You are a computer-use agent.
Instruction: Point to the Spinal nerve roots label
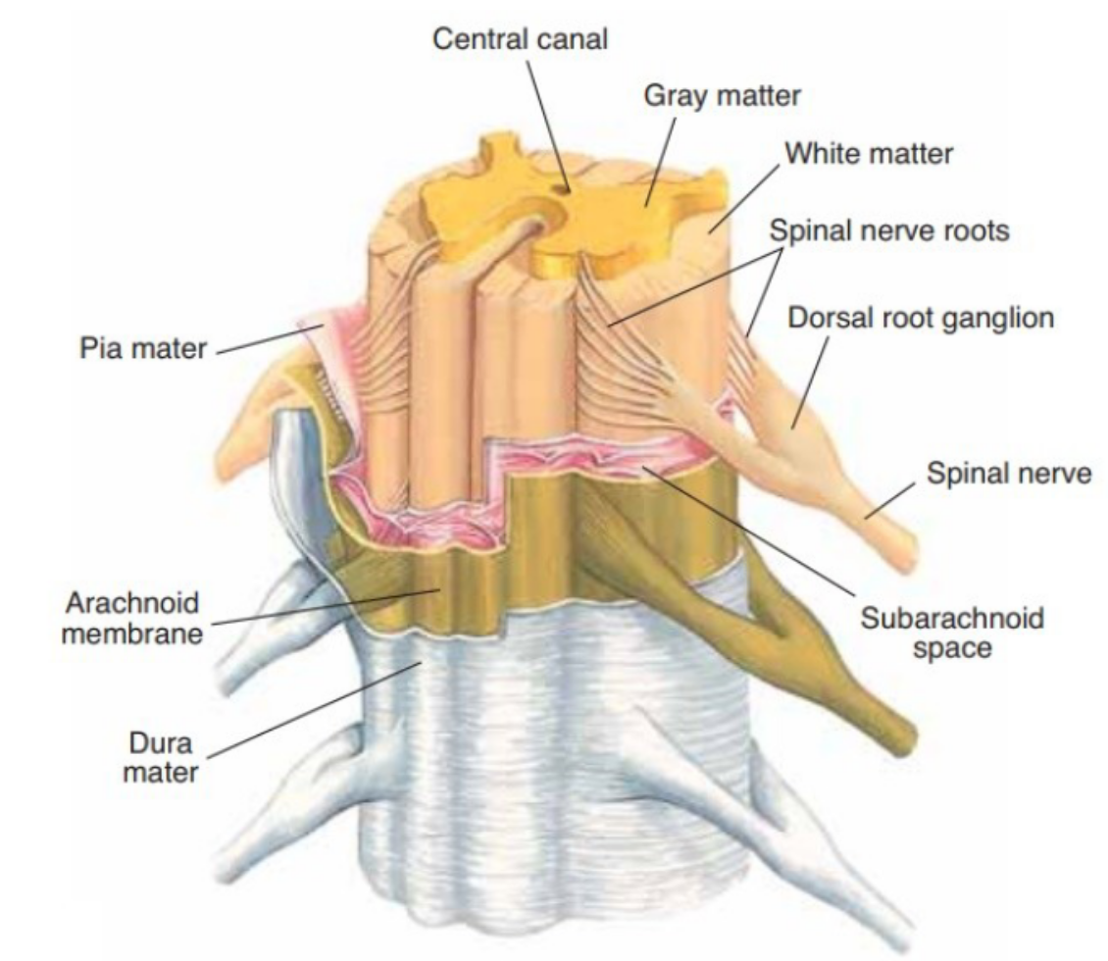pos(889,231)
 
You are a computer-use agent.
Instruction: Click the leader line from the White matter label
pos(745,191)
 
